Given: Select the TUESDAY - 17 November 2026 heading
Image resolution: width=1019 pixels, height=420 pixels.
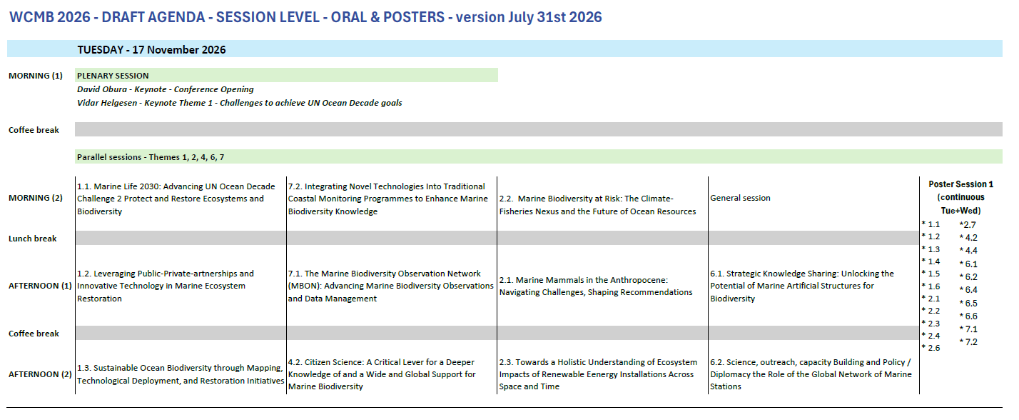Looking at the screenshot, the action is tap(151, 50).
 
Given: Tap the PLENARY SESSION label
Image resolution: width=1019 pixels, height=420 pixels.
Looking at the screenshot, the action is tap(113, 76).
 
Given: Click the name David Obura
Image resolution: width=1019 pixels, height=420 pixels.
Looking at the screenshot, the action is tap(102, 89).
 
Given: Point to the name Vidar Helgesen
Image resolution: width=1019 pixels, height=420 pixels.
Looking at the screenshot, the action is tap(107, 103).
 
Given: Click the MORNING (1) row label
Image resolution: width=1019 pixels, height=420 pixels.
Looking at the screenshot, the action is tap(36, 76).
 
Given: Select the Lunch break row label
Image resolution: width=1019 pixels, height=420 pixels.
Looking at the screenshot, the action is tap(32, 239).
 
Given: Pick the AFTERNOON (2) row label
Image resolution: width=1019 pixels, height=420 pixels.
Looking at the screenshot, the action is tap(40, 374).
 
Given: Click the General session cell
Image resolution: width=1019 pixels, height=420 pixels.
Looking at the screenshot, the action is tap(740, 198).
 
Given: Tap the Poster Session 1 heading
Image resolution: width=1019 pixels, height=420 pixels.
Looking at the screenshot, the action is tap(960, 184).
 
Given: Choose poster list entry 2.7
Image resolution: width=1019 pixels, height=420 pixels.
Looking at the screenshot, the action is tap(968, 224).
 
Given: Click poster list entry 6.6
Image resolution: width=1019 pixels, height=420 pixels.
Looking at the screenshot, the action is tap(968, 316).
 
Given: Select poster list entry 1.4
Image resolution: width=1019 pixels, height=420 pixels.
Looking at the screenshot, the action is tap(931, 261).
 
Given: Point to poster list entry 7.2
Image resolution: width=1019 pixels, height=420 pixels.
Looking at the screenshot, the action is tap(968, 342).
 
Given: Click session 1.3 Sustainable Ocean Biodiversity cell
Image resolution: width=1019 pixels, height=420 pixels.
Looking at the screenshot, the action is tap(181, 374).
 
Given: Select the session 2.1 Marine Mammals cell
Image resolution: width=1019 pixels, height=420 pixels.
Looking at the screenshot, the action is tap(596, 286).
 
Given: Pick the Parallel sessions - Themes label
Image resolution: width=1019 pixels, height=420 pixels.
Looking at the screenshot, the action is tap(151, 157).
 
